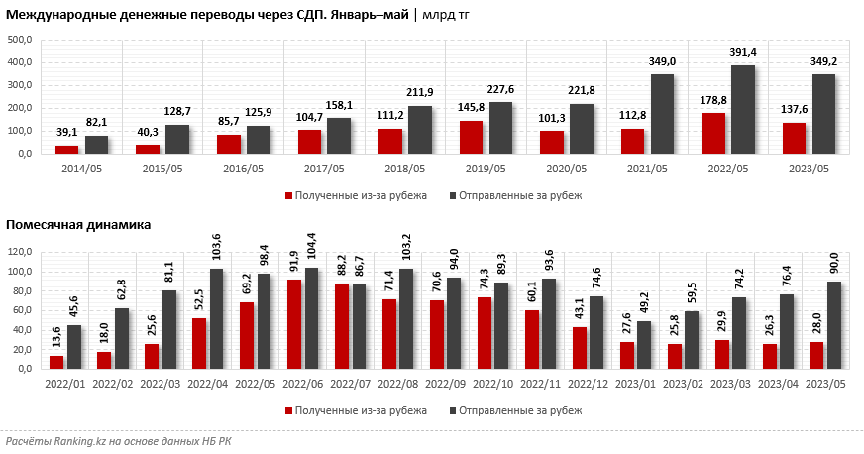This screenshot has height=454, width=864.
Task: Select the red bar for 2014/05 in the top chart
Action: [x=66, y=150]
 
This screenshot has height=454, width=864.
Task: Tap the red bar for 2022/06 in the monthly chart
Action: [x=294, y=323]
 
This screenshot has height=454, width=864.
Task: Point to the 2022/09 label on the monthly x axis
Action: [x=437, y=381]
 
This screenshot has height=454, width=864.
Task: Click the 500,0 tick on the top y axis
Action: [x=20, y=40]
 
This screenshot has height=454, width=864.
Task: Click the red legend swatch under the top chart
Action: [x=289, y=195]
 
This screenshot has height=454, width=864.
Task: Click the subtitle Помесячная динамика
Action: [x=78, y=225]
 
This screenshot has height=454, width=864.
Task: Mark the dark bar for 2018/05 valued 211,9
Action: [x=420, y=130]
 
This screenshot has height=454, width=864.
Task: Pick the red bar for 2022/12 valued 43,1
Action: [x=580, y=347]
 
